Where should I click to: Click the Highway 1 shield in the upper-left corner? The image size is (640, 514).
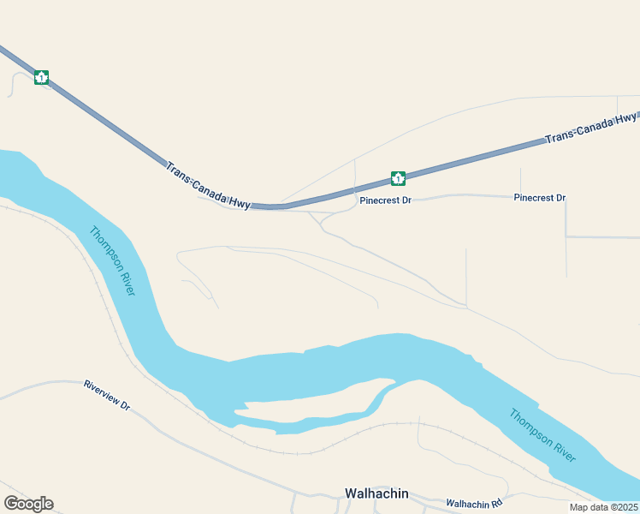[x=41, y=77]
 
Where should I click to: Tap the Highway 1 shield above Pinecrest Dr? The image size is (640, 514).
[x=398, y=178]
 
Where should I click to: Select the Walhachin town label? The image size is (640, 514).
[x=376, y=493]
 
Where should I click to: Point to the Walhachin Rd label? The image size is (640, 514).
[x=473, y=502]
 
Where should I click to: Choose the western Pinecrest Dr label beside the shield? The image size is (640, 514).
[x=386, y=200]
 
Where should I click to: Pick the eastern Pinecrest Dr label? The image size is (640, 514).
[x=540, y=198]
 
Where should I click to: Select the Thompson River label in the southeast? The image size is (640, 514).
[x=542, y=435]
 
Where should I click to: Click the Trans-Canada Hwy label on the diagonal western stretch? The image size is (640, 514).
[x=209, y=185]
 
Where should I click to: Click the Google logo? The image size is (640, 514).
[x=28, y=504]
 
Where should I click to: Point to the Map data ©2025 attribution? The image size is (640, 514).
[x=604, y=507]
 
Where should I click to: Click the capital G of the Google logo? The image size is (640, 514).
[x=11, y=504]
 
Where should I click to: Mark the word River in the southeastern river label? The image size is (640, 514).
[x=560, y=450]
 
